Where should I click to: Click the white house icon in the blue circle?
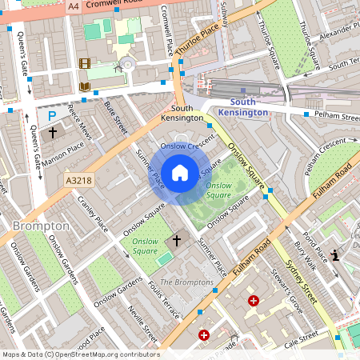pyautogui.click(x=180, y=173)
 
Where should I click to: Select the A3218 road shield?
pyautogui.click(x=78, y=181)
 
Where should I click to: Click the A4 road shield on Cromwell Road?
pyautogui.click(x=74, y=6)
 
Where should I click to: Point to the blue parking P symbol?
pyautogui.click(x=52, y=114)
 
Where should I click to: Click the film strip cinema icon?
pyautogui.click(x=85, y=64)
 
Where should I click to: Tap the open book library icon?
pyautogui.click(x=85, y=86)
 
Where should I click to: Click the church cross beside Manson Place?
pyautogui.click(x=53, y=132)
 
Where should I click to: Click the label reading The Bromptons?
pyautogui.click(x=186, y=283)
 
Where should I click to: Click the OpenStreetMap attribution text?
pyautogui.click(x=80, y=354)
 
